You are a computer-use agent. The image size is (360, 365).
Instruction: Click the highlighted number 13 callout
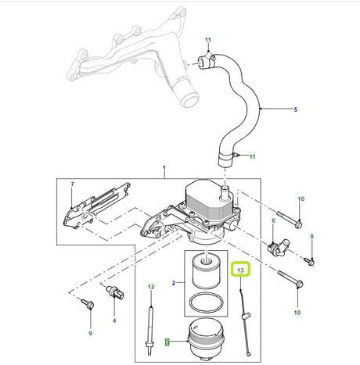(x=240, y=270)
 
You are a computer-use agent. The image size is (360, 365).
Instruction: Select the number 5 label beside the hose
(x=296, y=109)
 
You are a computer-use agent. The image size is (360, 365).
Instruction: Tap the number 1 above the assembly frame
(x=164, y=168)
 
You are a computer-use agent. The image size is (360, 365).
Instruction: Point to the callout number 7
(x=73, y=184)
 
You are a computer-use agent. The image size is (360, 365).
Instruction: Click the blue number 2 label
(x=174, y=283)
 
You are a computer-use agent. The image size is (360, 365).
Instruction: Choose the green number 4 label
(x=114, y=320)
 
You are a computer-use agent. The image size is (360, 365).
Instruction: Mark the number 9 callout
(x=90, y=333)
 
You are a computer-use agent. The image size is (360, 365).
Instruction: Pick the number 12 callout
(x=151, y=287)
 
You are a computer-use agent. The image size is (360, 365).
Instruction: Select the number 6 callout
(x=273, y=220)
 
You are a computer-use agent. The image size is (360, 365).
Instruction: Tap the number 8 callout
(x=312, y=237)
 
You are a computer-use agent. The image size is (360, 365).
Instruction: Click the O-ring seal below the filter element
(x=207, y=302)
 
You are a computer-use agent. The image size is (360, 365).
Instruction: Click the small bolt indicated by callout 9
(x=88, y=304)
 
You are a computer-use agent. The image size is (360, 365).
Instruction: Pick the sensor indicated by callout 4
(x=115, y=292)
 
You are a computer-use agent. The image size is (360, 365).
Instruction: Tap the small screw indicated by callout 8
(x=309, y=260)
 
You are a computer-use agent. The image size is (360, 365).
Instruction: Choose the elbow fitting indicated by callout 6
(x=279, y=248)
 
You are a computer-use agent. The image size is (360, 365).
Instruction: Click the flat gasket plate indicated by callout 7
(x=95, y=206)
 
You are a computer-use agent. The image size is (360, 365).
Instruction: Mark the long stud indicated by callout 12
(x=150, y=331)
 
